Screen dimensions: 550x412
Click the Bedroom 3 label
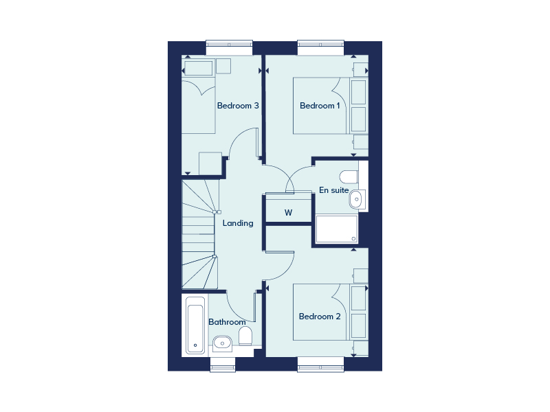click(238, 106)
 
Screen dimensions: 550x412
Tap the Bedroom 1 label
click(320, 106)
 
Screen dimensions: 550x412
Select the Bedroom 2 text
click(320, 317)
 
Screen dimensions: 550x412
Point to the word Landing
click(238, 223)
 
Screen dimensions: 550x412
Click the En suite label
click(333, 190)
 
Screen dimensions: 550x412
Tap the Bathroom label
click(227, 322)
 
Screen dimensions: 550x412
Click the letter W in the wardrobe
click(288, 213)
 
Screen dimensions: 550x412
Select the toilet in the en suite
click(349, 177)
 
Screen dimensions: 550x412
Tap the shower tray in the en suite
click(337, 229)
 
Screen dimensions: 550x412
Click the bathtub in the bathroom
click(195, 325)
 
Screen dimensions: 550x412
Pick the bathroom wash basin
click(222, 342)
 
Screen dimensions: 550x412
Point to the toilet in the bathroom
click(245, 336)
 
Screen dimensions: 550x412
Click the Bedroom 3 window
click(229, 47)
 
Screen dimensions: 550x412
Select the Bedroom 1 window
click(320, 47)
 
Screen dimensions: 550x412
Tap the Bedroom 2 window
click(320, 365)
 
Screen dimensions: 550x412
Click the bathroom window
click(223, 365)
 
